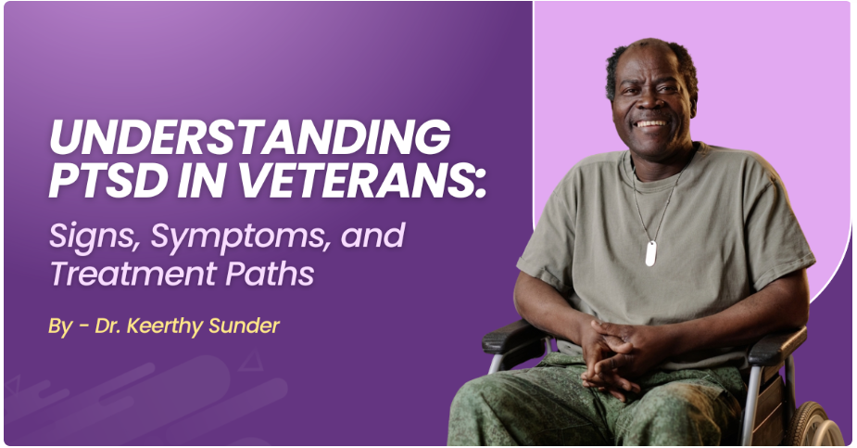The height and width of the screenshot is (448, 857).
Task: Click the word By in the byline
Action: coord(61,327)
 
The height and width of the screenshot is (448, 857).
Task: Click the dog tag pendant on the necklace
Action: coord(650,253)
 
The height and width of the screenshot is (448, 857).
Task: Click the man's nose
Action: coord(650,103)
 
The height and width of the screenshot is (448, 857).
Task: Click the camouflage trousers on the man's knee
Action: coord(519,408)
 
